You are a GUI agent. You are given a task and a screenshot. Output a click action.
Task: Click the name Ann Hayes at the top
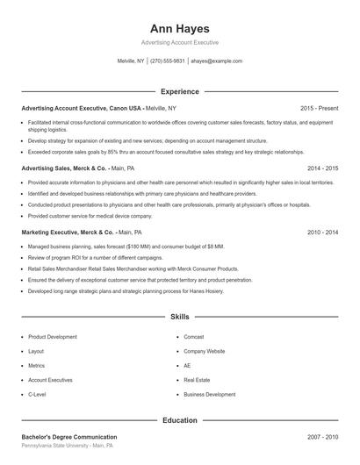click(180, 28)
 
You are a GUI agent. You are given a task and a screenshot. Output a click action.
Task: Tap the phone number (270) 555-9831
click(168, 61)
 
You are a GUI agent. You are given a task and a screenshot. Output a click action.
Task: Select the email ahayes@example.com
click(216, 61)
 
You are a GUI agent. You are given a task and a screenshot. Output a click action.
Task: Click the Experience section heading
click(180, 91)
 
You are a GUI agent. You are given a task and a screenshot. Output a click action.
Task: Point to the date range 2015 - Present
click(319, 108)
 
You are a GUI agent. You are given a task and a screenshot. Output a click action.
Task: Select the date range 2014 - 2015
click(322, 168)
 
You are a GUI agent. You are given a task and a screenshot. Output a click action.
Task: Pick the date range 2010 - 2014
click(322, 232)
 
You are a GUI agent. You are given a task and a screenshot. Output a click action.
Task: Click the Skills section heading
click(180, 316)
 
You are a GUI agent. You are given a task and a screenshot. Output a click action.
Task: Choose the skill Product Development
click(53, 337)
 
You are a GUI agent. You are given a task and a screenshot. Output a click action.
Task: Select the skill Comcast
click(194, 337)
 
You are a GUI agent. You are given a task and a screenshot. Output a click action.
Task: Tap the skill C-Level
click(37, 395)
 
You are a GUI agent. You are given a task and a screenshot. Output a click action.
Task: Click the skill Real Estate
click(197, 380)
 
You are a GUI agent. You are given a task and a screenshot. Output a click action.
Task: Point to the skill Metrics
click(36, 366)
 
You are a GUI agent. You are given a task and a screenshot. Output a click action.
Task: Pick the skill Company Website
click(205, 351)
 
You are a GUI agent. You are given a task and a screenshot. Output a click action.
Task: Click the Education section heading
click(180, 420)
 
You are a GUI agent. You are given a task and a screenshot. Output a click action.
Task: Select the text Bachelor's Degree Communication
click(69, 437)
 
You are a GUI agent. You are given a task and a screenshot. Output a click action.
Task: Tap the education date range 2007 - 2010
click(322, 437)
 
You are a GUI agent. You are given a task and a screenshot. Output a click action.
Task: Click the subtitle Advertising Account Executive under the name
click(180, 42)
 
